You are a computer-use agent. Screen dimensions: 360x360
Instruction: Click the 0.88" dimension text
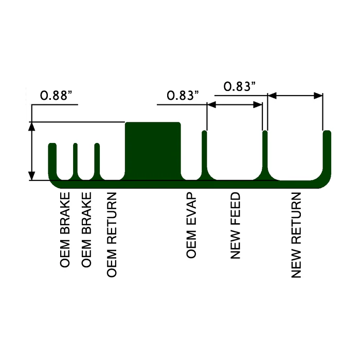56,96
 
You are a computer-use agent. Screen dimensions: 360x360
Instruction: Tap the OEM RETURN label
112,235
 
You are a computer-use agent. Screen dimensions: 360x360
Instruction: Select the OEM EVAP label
191,226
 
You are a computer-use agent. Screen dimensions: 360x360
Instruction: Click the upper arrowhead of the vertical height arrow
32,125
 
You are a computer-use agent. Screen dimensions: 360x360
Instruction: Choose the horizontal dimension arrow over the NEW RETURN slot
295,96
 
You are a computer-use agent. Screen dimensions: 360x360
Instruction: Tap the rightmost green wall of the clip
327,154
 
